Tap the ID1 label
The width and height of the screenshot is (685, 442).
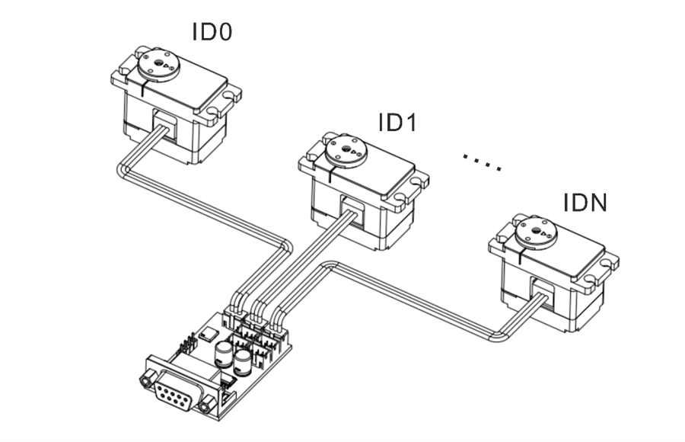(397, 122)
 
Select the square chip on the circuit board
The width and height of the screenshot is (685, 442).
(207, 333)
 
